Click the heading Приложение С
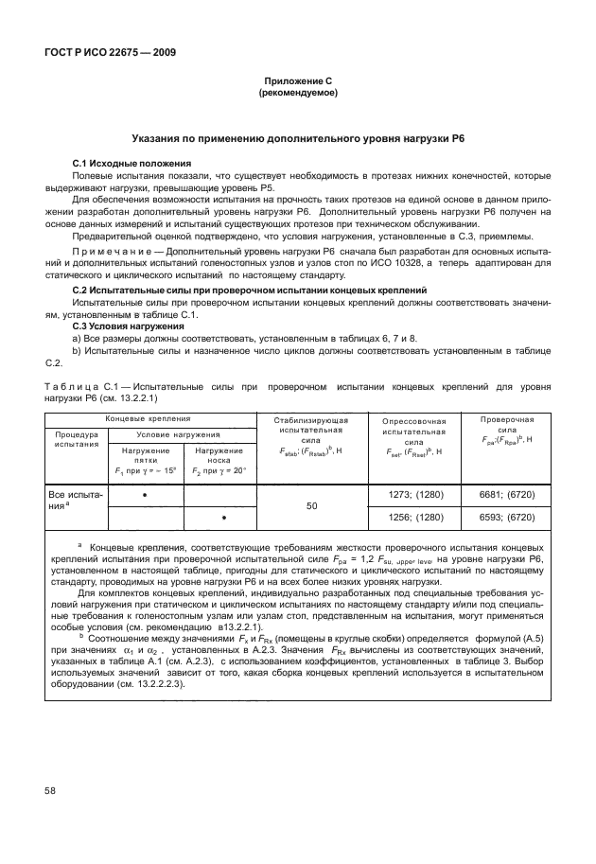pos(298,82)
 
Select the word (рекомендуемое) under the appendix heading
pos(298,94)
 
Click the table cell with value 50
pos(311,506)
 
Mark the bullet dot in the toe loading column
pos(223,518)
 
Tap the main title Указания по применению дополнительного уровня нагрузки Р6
pos(298,138)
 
